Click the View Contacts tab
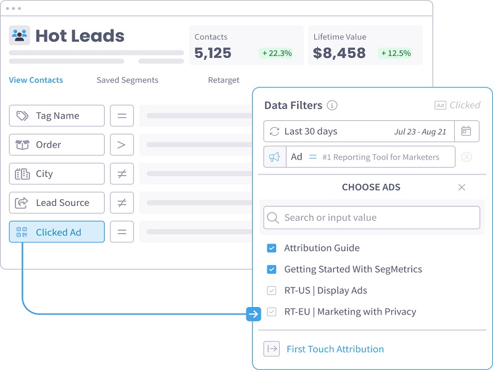[36, 80]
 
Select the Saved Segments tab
[128, 80]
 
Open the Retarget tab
[224, 80]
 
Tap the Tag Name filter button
[57, 115]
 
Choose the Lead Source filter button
[57, 203]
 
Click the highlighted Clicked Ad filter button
[57, 232]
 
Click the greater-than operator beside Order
[121, 145]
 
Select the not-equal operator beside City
[121, 174]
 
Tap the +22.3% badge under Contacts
[277, 53]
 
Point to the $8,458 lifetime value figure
[340, 53]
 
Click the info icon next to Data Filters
[332, 105]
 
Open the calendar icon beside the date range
[467, 131]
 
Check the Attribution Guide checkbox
[271, 248]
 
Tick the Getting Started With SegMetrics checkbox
[271, 269]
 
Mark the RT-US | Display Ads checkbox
[271, 290]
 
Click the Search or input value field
[372, 218]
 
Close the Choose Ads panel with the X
[462, 187]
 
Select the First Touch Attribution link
[335, 349]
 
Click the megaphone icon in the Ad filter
[275, 157]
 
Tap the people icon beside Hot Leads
[20, 35]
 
